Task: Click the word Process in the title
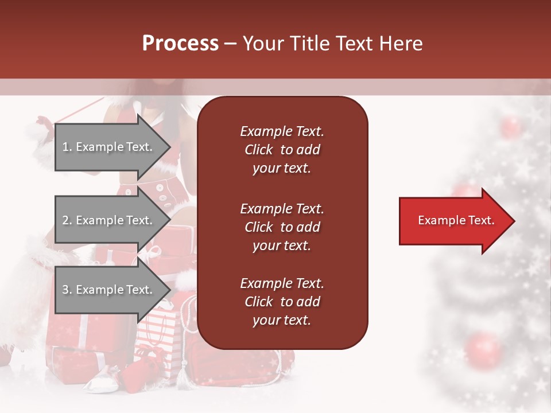pyautogui.click(x=180, y=44)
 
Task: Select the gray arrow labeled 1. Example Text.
pyautogui.click(x=109, y=147)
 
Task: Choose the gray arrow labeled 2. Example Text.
pyautogui.click(x=109, y=220)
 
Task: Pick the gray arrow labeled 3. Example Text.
pyautogui.click(x=109, y=290)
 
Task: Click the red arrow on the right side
pyautogui.click(x=453, y=221)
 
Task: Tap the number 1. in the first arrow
pyautogui.click(x=67, y=147)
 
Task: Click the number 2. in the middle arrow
pyautogui.click(x=67, y=220)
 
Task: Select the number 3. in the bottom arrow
pyautogui.click(x=67, y=290)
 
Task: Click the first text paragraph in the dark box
pyautogui.click(x=282, y=150)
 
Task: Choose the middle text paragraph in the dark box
pyautogui.click(x=282, y=227)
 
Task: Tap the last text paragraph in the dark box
pyautogui.click(x=282, y=302)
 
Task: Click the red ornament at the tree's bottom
pyautogui.click(x=484, y=350)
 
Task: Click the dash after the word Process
pyautogui.click(x=231, y=44)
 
